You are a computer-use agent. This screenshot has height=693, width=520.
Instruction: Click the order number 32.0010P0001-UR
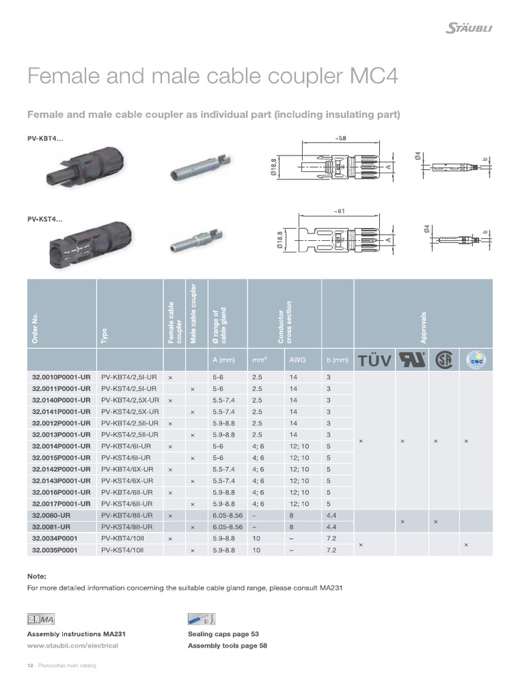click(60, 376)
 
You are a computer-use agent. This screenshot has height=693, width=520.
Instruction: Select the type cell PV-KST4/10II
click(124, 550)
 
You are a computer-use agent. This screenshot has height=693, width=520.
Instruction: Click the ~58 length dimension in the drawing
click(340, 138)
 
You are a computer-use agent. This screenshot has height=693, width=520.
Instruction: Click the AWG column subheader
click(297, 360)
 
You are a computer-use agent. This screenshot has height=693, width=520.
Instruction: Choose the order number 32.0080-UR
click(51, 515)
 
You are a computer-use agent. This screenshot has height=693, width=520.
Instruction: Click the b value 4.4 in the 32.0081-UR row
click(330, 527)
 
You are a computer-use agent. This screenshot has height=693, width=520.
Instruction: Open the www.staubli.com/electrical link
click(72, 645)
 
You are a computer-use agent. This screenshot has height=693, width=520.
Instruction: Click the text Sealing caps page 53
click(223, 634)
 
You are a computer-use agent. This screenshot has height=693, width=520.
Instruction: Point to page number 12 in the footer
click(29, 666)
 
